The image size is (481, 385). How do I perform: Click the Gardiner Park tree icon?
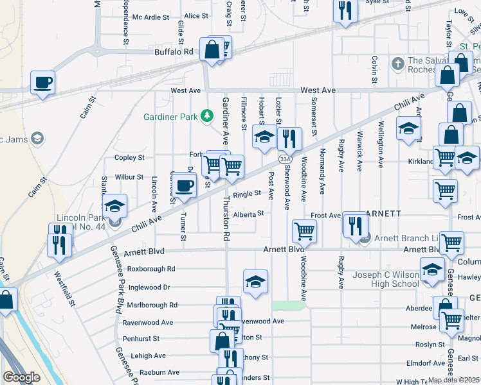click(206, 116)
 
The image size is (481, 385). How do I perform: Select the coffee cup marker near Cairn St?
click(42, 82)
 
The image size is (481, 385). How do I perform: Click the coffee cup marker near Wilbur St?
click(184, 185)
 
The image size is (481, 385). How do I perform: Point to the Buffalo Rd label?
click(174, 52)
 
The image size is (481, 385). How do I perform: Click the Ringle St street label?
click(247, 193)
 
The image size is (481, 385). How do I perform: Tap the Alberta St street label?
click(249, 214)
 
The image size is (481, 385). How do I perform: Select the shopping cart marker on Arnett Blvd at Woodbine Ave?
click(304, 230)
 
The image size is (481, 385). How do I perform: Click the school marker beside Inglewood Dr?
click(255, 282)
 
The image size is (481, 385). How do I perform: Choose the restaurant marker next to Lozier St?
click(290, 139)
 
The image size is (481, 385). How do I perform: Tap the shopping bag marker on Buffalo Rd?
click(211, 49)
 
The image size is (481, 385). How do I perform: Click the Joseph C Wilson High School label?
click(386, 280)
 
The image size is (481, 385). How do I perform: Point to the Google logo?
click(21, 377)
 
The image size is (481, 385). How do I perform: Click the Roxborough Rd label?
click(151, 269)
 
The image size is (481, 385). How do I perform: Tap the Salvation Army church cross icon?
click(398, 64)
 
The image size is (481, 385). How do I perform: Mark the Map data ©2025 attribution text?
click(454, 380)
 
